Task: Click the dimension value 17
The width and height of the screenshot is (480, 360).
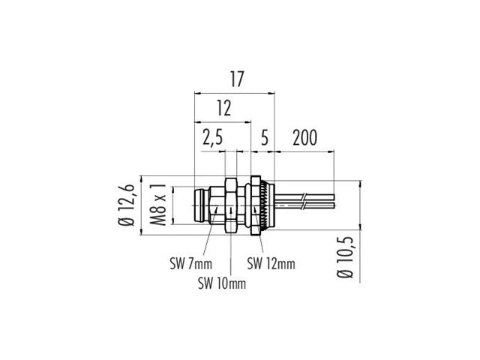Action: coord(235,79)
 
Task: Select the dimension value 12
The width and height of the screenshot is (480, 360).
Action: coord(223,108)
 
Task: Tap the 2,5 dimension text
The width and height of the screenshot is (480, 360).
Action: coord(213,138)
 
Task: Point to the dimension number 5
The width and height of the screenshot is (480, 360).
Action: coord(264,138)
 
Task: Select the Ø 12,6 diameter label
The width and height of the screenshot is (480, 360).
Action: coord(130,205)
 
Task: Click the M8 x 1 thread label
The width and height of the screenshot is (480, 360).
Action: coord(157,204)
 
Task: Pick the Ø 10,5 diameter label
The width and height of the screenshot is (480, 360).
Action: coord(346,258)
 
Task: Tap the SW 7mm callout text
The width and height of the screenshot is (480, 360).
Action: coord(190,263)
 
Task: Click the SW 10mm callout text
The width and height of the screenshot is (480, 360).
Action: coord(221,283)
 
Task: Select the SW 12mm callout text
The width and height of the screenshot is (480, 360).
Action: coord(271,263)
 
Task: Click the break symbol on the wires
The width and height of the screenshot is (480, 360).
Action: coord(302,202)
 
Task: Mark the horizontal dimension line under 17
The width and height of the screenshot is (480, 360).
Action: coord(235,93)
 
